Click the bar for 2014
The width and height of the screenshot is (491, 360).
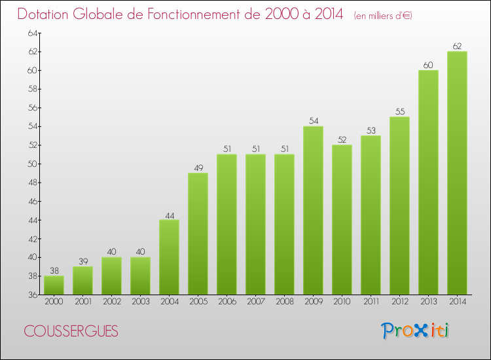457,173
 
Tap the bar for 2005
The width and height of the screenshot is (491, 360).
198,234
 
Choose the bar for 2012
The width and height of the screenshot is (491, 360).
399,206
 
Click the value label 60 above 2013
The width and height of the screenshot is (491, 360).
428,65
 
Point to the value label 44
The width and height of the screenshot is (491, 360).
169,214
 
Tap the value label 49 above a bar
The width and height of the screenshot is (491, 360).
198,168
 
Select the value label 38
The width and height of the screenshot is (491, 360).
54,270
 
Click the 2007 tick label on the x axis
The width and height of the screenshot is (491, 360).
255,302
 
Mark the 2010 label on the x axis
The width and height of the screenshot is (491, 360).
342,302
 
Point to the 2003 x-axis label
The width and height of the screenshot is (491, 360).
140,302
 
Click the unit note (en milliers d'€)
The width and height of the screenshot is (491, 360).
383,16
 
